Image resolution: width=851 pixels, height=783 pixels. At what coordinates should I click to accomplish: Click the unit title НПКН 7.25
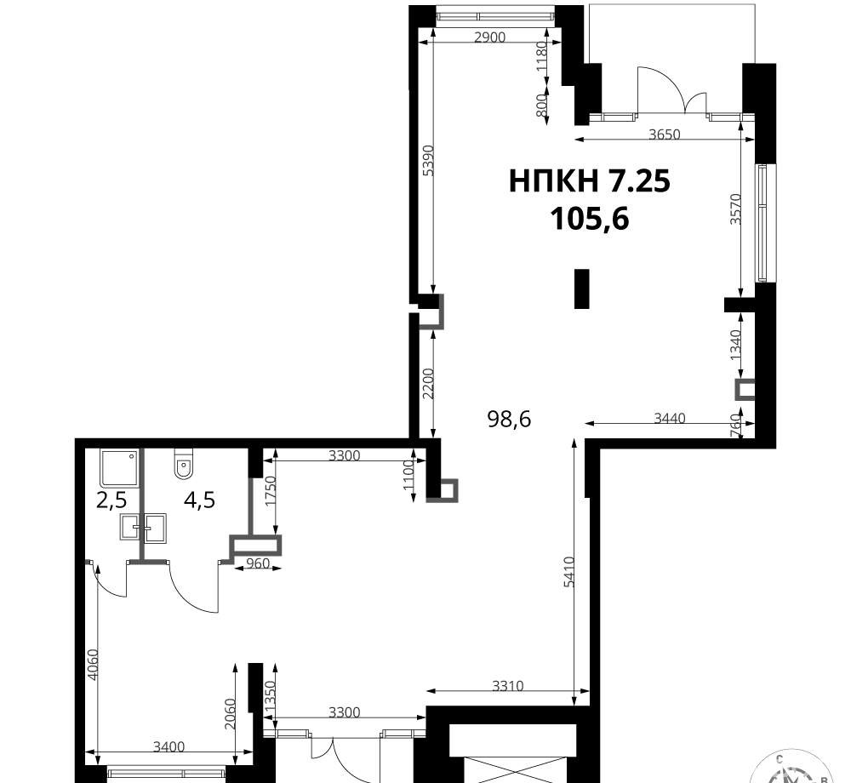(x=590, y=180)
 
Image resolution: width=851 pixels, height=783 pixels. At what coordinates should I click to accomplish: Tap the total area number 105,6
(x=590, y=220)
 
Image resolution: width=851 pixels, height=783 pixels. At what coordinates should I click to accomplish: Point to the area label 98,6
(x=509, y=419)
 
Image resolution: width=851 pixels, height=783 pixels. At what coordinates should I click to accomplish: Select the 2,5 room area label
(x=111, y=500)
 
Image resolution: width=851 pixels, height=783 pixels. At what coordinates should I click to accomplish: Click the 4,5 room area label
(x=199, y=500)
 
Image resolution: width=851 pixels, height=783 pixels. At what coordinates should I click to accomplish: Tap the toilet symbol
(x=184, y=464)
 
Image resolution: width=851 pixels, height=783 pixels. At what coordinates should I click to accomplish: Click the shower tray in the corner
(x=119, y=467)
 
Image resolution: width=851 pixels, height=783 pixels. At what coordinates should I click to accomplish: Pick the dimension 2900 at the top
(x=489, y=37)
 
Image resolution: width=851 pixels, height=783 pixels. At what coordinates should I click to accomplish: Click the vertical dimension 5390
(x=428, y=161)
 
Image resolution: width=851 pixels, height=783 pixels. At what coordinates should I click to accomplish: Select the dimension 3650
(x=665, y=134)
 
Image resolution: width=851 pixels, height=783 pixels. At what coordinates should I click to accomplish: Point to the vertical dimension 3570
(x=735, y=209)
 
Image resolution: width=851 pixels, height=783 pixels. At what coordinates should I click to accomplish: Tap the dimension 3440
(x=670, y=419)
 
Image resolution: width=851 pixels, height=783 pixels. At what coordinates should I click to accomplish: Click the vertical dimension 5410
(x=568, y=571)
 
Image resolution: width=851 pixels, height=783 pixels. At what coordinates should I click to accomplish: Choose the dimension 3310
(x=508, y=686)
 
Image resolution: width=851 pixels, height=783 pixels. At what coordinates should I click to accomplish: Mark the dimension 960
(x=258, y=563)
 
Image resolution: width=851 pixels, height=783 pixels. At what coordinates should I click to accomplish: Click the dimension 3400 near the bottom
(x=168, y=747)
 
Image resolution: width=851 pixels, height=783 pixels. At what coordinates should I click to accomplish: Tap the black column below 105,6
(x=582, y=289)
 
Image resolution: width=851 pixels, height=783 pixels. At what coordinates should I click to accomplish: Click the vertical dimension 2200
(x=428, y=384)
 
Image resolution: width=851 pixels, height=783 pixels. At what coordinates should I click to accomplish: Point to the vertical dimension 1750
(x=271, y=491)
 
